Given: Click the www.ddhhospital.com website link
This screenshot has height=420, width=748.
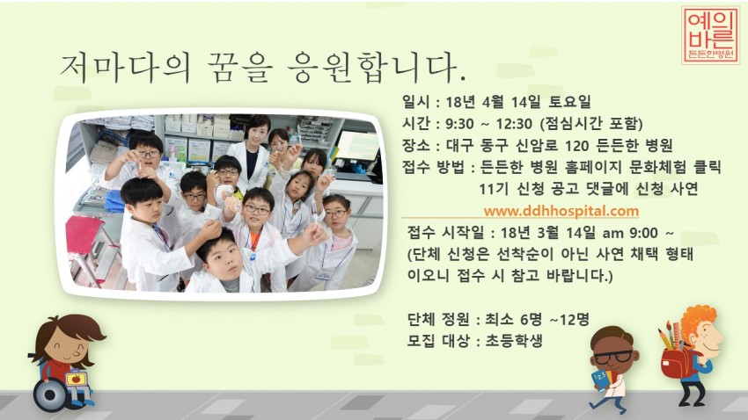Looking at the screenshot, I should click(561, 211).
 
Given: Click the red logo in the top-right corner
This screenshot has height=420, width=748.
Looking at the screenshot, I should click(710, 35).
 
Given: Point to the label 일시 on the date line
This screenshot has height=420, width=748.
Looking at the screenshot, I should click(414, 101).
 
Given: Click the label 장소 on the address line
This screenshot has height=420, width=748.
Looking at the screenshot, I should click(414, 145).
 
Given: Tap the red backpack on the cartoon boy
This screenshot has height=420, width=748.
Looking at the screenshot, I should click(674, 360).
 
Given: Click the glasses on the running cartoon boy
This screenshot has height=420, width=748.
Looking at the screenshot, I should click(613, 357).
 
